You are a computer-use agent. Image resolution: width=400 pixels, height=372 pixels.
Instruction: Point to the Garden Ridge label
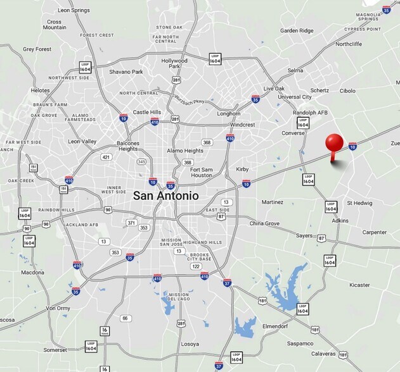[297, 30]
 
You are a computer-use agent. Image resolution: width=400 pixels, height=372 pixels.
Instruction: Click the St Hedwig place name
[359, 203]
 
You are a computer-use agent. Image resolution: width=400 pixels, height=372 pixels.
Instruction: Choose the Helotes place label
[41, 90]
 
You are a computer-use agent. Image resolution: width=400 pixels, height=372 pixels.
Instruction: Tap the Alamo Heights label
[185, 151]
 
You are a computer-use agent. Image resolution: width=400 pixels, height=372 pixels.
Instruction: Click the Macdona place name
[32, 273]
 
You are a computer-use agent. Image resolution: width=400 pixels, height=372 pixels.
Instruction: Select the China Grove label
[264, 223]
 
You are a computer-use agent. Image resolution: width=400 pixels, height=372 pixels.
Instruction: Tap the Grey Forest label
[37, 49]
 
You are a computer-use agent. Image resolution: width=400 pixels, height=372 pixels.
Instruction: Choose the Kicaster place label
[359, 285]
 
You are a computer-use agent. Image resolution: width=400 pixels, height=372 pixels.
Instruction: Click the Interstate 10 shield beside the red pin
[352, 146]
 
